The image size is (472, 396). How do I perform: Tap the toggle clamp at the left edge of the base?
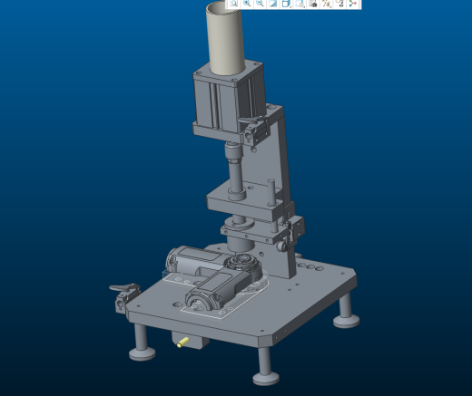pos(122,296)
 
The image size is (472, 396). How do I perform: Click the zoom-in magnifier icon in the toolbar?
pos(247,4)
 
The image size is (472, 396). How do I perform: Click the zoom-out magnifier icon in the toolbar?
pos(260,4)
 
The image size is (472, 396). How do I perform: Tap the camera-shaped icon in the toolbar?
pos(313,4)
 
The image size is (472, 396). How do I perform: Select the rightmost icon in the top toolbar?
pos(353,4)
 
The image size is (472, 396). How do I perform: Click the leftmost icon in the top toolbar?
pos(233,4)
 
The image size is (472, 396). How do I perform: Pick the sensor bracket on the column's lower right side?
pos(295,233)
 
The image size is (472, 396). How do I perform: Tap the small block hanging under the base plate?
pos(192,341)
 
